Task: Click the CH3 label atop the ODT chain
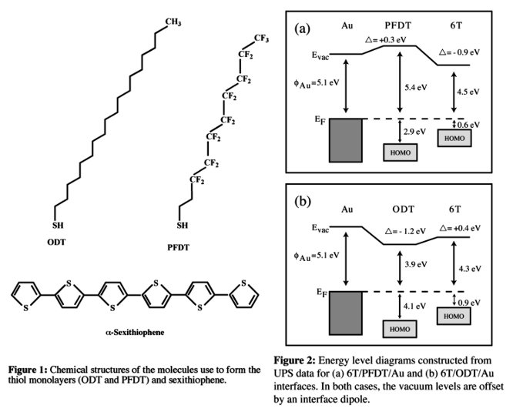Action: (x=170, y=22)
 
